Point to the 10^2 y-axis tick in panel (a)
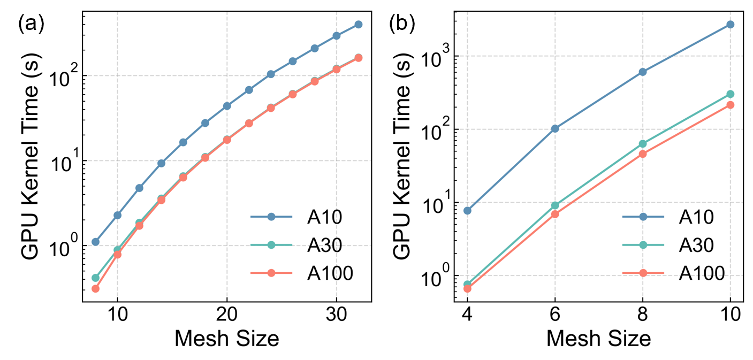point(64,75)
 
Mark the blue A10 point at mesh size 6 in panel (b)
point(555,128)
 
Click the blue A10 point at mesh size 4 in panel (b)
point(467,210)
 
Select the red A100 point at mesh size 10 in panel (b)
point(731,105)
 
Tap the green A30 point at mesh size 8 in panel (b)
point(643,144)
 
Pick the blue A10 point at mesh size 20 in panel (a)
point(227,106)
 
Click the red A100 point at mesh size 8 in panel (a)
point(95,289)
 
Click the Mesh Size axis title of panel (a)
point(227,338)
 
